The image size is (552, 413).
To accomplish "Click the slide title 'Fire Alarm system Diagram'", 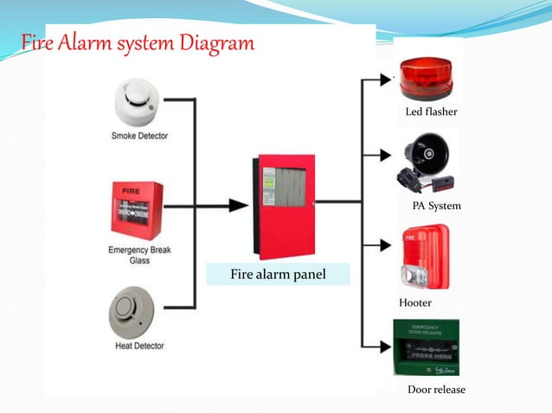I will pyautogui.click(x=138, y=42).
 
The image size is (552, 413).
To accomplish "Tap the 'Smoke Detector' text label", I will pyautogui.click(x=139, y=136).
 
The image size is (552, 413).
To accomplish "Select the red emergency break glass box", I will pyautogui.click(x=137, y=206).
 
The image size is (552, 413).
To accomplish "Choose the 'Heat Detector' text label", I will pyautogui.click(x=139, y=346).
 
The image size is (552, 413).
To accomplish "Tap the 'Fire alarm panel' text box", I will pyautogui.click(x=278, y=276).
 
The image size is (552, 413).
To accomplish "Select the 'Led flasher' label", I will pyautogui.click(x=431, y=112).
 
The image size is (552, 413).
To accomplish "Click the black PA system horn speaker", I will pyautogui.click(x=423, y=160).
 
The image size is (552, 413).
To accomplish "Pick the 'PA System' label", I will pyautogui.click(x=436, y=206).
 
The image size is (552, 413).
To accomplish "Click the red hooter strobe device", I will pyautogui.click(x=425, y=257).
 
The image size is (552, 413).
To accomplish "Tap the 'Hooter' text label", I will pyautogui.click(x=415, y=303).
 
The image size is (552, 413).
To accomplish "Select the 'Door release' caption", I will pyautogui.click(x=436, y=390).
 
